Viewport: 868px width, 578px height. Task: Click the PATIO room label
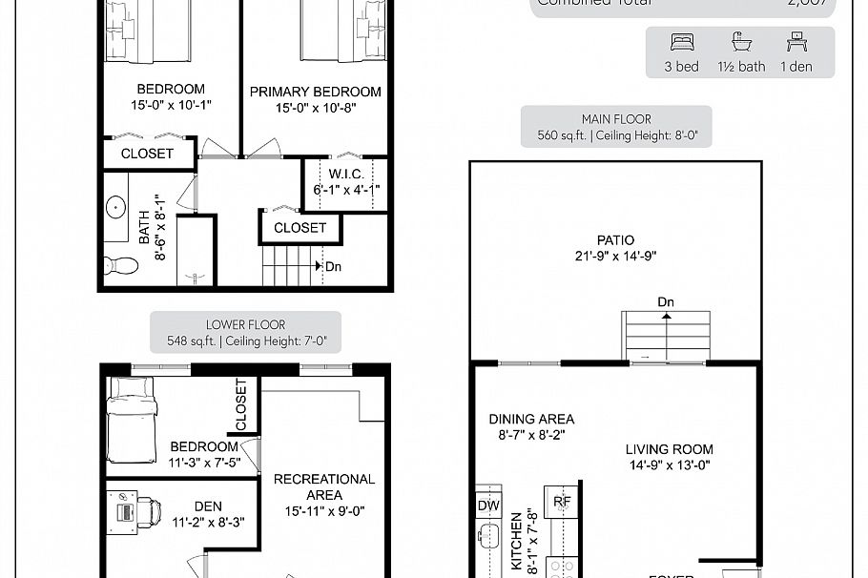(x=615, y=240)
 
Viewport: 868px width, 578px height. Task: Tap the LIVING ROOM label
(x=669, y=449)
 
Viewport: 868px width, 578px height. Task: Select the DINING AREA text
(x=531, y=419)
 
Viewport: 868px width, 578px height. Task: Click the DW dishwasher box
(x=487, y=505)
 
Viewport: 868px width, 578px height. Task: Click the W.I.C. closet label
(x=345, y=174)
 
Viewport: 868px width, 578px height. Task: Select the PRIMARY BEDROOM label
(x=315, y=93)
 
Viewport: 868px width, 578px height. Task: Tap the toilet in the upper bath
(x=122, y=264)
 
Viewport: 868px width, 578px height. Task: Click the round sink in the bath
(x=116, y=207)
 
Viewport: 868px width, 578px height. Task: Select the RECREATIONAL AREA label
(x=324, y=486)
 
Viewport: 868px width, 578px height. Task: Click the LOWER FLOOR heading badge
(x=246, y=332)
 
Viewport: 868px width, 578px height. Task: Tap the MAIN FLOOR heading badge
(x=616, y=126)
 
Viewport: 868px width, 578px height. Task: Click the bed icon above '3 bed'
(x=681, y=42)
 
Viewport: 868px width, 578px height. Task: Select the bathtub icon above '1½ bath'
(x=740, y=42)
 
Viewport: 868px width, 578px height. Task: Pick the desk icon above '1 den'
(x=796, y=42)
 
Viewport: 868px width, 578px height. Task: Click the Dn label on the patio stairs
(x=666, y=302)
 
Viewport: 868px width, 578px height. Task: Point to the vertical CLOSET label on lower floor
(x=240, y=404)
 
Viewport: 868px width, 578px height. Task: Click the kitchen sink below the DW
(x=489, y=535)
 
